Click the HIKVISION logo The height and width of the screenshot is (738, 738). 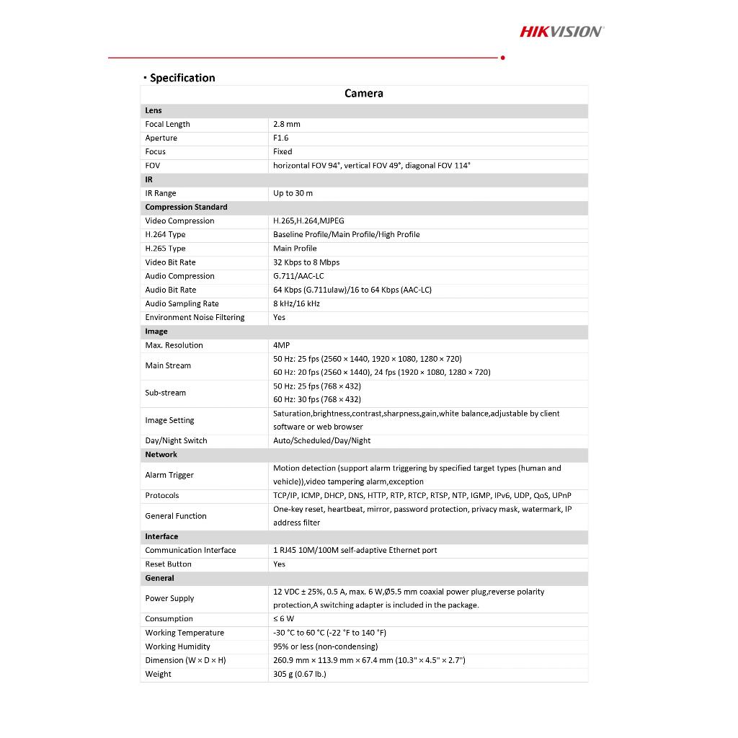(x=561, y=31)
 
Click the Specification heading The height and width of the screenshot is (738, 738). (x=182, y=78)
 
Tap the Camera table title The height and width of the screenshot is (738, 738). (x=364, y=94)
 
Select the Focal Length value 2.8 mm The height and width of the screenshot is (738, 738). (x=287, y=125)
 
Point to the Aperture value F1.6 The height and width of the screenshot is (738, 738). (x=280, y=138)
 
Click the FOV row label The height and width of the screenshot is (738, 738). (x=153, y=166)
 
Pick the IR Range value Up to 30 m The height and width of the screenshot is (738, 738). (x=293, y=193)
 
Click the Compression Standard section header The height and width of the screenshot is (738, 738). (x=186, y=207)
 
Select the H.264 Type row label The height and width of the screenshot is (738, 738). (x=165, y=235)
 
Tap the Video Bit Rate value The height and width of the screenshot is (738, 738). (x=306, y=262)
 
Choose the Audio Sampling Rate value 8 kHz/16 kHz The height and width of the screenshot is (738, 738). (x=296, y=304)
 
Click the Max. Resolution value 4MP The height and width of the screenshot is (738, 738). (x=281, y=345)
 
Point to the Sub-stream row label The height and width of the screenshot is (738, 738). (x=165, y=393)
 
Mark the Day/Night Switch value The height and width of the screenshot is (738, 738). (x=321, y=441)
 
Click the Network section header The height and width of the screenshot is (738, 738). (x=161, y=455)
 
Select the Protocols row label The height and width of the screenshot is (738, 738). (x=162, y=496)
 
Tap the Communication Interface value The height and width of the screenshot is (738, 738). (x=355, y=551)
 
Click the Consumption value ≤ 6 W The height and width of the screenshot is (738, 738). (x=283, y=619)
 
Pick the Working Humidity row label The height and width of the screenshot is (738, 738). (x=177, y=646)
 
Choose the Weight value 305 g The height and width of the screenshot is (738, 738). (x=299, y=675)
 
